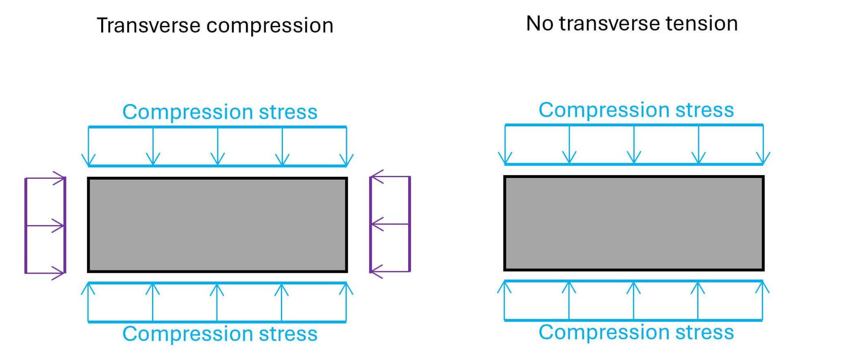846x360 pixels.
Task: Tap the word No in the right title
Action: point(539,24)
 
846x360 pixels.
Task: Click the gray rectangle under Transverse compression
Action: point(217,225)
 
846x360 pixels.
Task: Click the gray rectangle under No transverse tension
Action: point(634,223)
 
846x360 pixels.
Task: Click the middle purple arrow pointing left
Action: point(390,224)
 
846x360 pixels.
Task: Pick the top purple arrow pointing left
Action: point(390,177)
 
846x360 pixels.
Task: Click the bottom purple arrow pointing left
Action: point(390,271)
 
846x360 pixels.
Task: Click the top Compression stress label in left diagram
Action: point(220,112)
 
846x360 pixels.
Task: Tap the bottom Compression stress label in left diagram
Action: point(220,334)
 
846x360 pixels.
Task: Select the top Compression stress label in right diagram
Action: point(636,110)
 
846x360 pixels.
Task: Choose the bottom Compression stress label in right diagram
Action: point(636,332)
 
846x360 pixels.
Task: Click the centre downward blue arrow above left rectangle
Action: point(218,147)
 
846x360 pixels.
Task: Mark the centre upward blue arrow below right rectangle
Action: point(634,301)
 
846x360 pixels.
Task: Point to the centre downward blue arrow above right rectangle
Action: point(634,144)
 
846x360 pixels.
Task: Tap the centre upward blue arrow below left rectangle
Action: point(217,302)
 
